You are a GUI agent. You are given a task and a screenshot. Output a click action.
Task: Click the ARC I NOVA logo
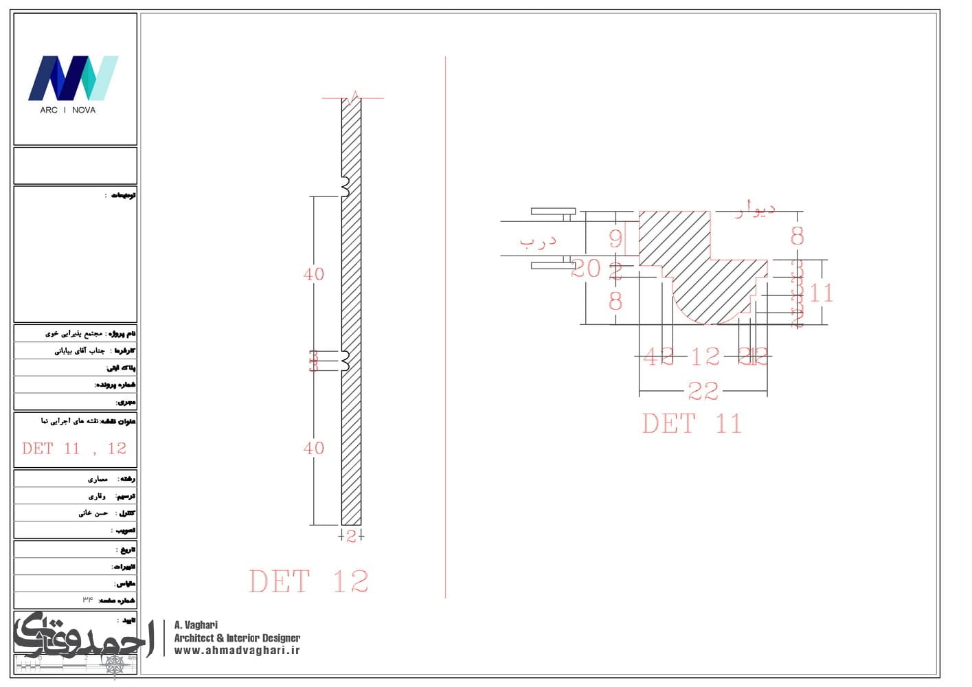(73, 82)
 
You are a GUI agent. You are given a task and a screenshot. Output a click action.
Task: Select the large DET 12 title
(308, 582)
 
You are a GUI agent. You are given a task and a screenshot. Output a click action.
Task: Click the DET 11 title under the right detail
(692, 424)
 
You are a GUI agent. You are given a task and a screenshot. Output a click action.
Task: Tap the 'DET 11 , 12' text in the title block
(74, 449)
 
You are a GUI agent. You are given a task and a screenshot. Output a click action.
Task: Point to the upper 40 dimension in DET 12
(314, 274)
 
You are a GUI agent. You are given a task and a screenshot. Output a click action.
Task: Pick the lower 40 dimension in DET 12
(314, 448)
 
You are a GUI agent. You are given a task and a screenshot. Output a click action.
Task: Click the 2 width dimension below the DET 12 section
(351, 537)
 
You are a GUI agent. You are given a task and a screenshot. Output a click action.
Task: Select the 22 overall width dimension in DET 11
(703, 392)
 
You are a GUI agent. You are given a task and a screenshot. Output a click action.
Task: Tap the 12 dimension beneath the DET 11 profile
(705, 357)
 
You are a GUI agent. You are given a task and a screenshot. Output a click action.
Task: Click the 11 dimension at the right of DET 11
(821, 293)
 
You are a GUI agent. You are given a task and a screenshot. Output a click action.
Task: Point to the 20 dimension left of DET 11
(585, 269)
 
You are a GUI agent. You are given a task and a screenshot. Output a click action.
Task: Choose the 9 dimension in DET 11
(615, 238)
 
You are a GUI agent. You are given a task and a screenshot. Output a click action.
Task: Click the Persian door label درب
(538, 241)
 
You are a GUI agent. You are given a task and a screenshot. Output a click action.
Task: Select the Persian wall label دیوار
(755, 209)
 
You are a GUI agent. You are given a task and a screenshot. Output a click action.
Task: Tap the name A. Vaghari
(196, 625)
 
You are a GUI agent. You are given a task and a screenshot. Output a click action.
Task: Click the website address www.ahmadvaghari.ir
(237, 651)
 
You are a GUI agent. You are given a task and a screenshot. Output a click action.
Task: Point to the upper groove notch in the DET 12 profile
(346, 185)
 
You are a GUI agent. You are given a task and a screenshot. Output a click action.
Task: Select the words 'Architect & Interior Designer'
(237, 638)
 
